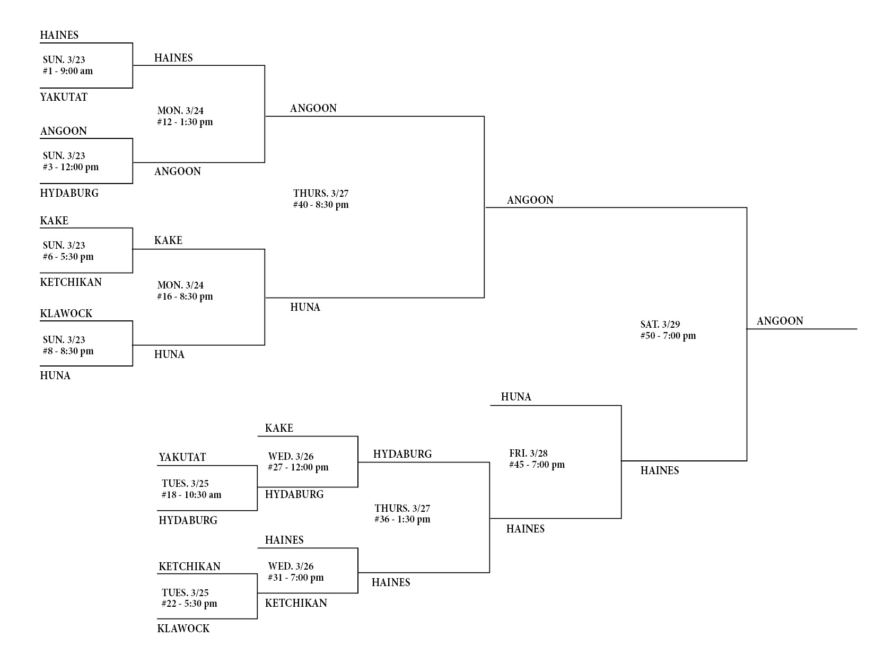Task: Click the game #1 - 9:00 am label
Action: (68, 71)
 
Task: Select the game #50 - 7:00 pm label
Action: (668, 336)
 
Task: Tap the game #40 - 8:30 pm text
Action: (321, 205)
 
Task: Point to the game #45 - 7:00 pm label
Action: (537, 465)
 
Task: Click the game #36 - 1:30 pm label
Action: (402, 519)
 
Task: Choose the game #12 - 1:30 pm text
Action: (185, 122)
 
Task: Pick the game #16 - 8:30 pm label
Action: (185, 296)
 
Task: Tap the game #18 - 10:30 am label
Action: (191, 495)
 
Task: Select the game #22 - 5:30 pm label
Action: (189, 604)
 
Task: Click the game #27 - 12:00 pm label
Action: (298, 467)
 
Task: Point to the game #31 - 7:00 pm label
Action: (296, 578)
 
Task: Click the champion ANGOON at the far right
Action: (780, 321)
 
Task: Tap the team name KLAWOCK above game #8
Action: (66, 313)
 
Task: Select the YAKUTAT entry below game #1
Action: (64, 97)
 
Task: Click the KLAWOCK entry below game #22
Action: (183, 629)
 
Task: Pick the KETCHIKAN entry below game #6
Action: (71, 282)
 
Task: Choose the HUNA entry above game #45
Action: (516, 397)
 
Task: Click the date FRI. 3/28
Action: (528, 453)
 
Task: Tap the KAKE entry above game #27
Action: (279, 428)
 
